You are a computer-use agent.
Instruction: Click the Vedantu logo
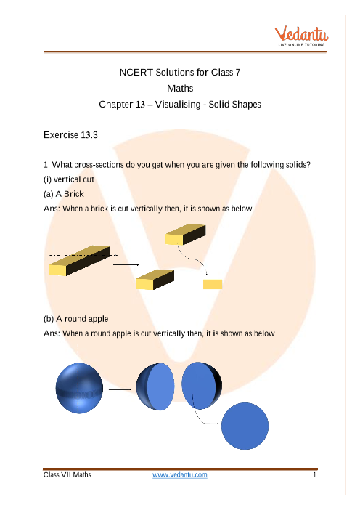pos(301,36)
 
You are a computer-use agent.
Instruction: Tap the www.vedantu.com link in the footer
pos(180,475)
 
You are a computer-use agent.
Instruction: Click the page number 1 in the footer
pos(314,475)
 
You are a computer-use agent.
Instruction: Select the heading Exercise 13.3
pos(70,135)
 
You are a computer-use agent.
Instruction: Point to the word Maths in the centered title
pos(180,88)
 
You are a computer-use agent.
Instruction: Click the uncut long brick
pos(80,261)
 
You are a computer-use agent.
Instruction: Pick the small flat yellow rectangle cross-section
pos(213,284)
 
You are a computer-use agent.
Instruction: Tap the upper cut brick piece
pos(186,235)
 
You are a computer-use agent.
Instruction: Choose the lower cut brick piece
pos(155,280)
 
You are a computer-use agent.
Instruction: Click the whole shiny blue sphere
pos(79,389)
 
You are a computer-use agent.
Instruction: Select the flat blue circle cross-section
pos(245,426)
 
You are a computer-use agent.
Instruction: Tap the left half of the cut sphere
pos(155,386)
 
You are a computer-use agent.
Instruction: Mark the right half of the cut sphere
pos(202,386)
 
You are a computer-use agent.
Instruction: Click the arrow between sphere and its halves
pos(120,389)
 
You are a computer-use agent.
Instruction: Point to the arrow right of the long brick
pos(126,264)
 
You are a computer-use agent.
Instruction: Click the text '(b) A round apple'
pos(75,319)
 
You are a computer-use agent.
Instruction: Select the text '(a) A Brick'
pos(64,194)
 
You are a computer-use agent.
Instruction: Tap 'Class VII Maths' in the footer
pos(67,475)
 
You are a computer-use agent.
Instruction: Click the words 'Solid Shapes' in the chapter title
pos(234,105)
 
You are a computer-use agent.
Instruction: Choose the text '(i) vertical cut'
pos(69,179)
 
